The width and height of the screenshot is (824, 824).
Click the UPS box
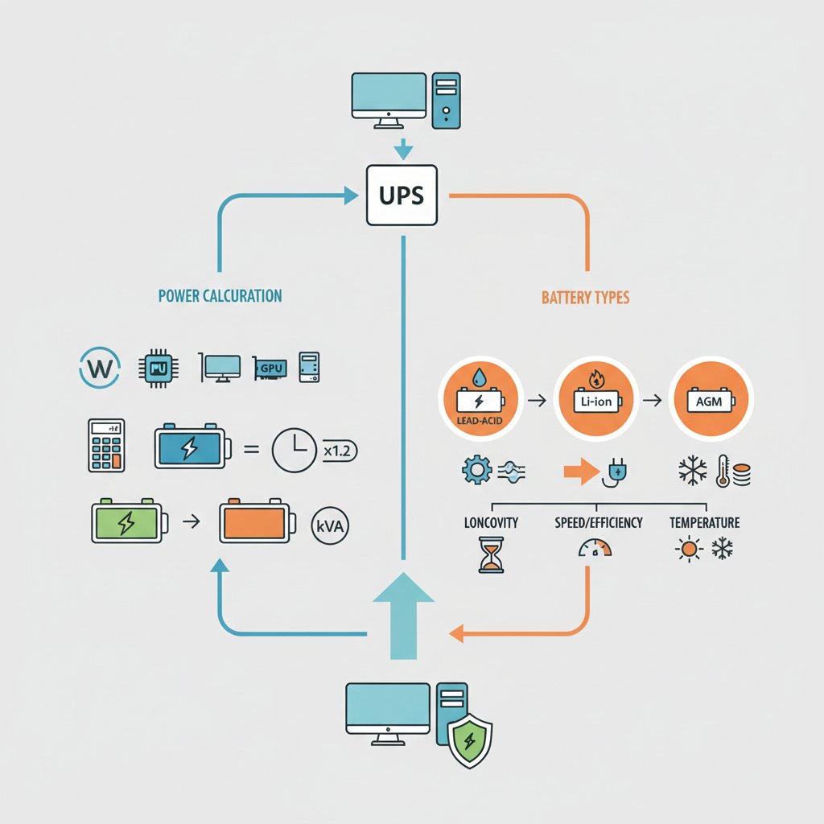click(402, 196)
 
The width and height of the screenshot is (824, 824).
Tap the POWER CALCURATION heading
click(220, 296)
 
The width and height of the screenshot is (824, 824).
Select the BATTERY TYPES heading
click(586, 298)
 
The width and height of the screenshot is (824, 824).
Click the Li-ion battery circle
click(596, 399)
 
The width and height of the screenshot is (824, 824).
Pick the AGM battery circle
click(711, 399)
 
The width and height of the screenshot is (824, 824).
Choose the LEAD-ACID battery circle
click(480, 399)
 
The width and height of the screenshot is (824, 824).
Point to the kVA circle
click(330, 525)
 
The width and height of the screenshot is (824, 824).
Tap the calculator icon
click(107, 445)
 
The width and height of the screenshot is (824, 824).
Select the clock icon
click(295, 450)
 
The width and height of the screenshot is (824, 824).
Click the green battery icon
click(130, 521)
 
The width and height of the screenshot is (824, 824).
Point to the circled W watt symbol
click(100, 368)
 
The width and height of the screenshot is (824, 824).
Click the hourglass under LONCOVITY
click(492, 555)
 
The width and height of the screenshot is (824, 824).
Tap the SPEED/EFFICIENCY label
click(599, 522)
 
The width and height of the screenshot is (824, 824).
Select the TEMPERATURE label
click(704, 522)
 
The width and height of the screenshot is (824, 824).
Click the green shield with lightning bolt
click(469, 741)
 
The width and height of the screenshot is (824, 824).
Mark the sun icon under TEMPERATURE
click(689, 550)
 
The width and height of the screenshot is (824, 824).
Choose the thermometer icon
click(723, 471)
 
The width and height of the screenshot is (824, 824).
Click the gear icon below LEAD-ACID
click(477, 470)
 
